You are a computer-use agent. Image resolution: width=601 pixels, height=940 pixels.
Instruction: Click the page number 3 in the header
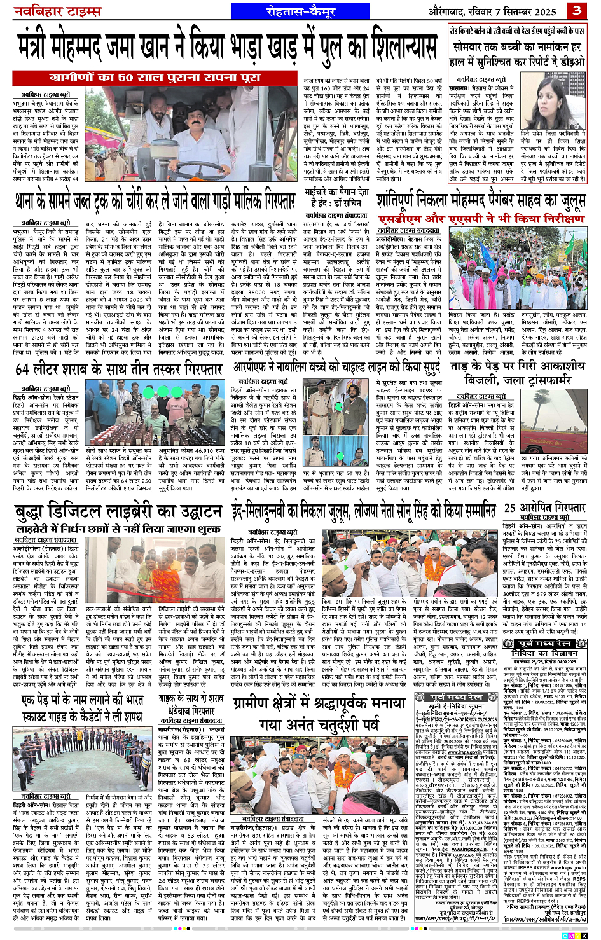[577, 10]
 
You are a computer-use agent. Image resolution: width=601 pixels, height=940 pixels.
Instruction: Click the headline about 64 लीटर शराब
[118, 369]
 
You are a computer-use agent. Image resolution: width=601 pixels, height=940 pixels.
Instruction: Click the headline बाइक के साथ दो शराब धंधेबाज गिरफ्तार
[191, 705]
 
